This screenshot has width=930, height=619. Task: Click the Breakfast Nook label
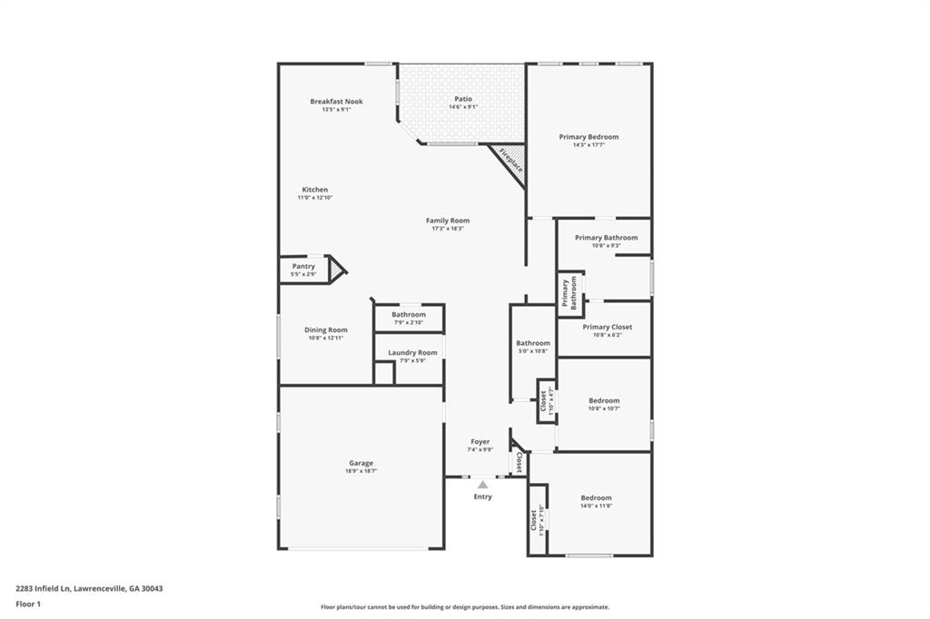336,102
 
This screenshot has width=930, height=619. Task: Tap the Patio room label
463,99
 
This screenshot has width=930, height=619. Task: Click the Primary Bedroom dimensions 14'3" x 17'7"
589,145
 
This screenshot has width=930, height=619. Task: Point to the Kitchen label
315,190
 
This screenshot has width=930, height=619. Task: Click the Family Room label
448,221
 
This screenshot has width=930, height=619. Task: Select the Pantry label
303,266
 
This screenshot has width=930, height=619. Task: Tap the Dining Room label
325,329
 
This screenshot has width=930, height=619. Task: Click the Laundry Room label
412,352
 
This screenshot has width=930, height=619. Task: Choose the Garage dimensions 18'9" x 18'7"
361,471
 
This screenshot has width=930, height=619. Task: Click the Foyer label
480,442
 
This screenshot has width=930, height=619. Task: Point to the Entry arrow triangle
482,485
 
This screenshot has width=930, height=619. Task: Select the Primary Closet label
607,327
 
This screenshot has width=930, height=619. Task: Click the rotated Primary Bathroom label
569,294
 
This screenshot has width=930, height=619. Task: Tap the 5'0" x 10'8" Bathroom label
533,343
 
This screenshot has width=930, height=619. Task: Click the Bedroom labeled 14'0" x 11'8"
597,497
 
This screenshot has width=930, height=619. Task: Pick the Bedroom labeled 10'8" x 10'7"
604,400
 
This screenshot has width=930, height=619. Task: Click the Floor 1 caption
29,603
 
